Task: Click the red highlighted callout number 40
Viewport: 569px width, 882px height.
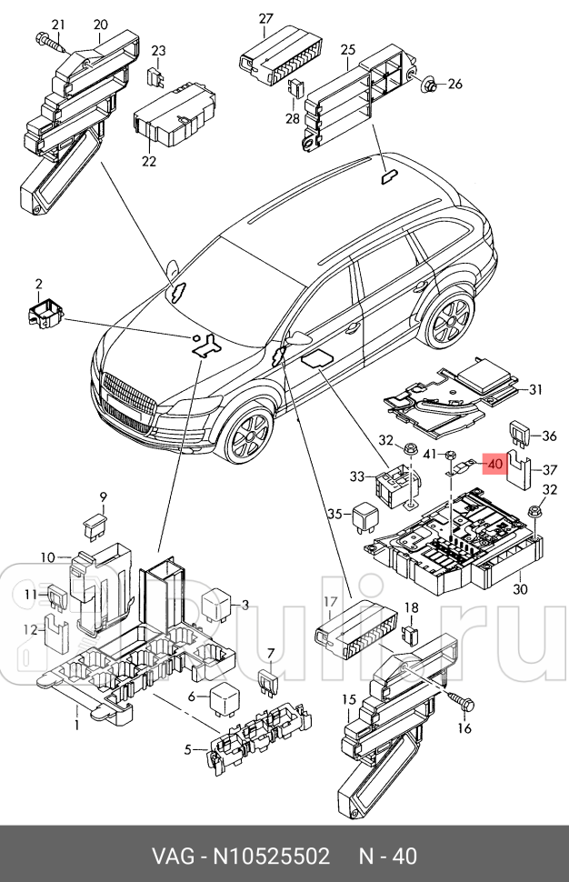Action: pos(494,464)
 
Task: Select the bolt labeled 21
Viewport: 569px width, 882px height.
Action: pos(50,41)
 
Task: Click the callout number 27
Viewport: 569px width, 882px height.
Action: pos(265,19)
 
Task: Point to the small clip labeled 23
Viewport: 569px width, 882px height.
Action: pos(156,76)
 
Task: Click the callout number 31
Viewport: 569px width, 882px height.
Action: pos(535,390)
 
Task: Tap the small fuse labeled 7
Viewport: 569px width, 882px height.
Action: pos(267,678)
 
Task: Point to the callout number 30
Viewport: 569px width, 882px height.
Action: pos(519,589)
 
